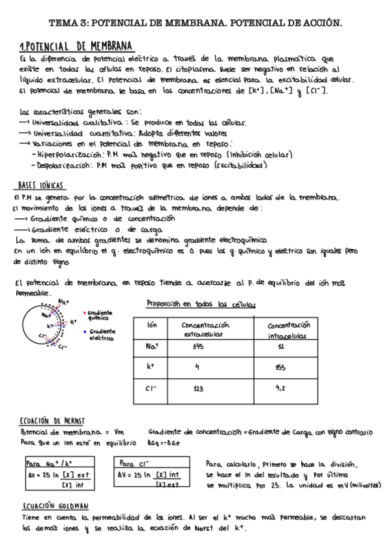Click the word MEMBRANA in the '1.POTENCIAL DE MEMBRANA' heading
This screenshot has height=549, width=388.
(x=106, y=47)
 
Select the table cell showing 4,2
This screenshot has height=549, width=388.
(x=280, y=388)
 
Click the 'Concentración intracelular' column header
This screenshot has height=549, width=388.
(x=289, y=329)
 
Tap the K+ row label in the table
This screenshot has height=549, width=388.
(x=150, y=367)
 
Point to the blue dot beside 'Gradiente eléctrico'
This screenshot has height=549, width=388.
(x=85, y=331)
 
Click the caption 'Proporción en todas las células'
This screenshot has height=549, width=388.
(x=201, y=304)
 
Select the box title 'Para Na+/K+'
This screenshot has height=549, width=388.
(x=49, y=464)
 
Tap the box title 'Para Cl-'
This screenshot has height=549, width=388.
(x=135, y=464)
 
